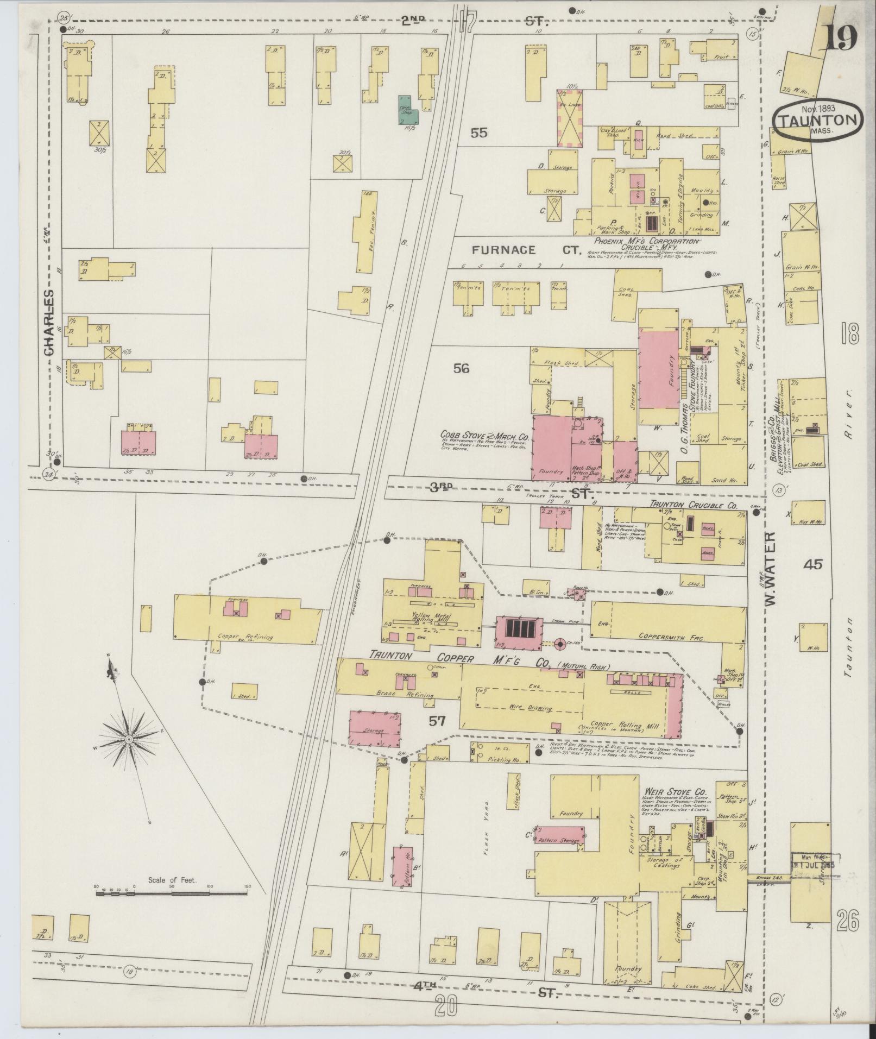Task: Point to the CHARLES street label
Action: (50, 322)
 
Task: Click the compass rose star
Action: (129, 740)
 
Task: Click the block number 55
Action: (479, 133)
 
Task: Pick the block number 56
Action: (461, 368)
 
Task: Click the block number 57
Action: (437, 721)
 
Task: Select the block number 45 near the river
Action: (814, 565)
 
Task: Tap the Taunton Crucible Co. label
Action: (693, 505)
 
